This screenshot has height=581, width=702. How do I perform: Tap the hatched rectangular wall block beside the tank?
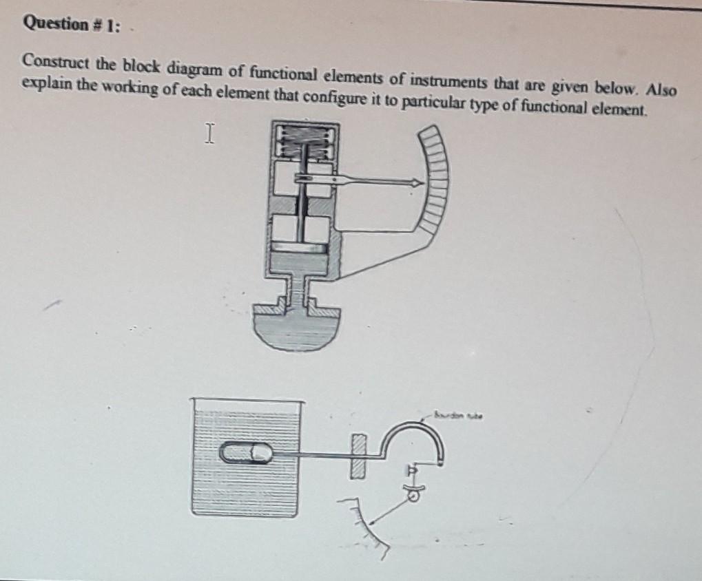pyautogui.click(x=356, y=456)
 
